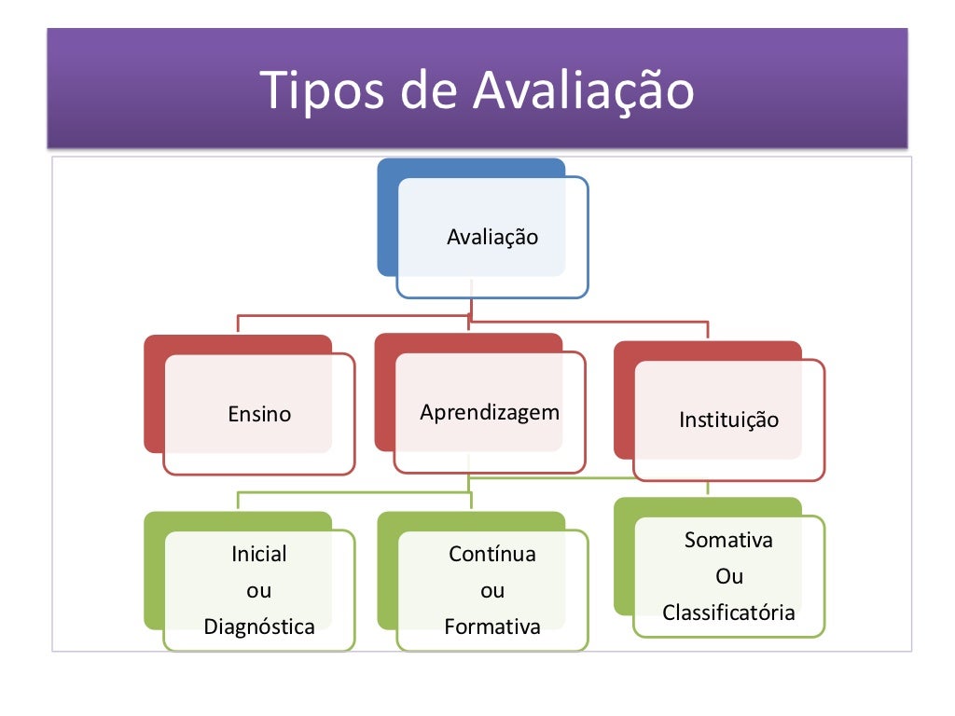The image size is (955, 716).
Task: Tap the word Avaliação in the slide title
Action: click(x=584, y=91)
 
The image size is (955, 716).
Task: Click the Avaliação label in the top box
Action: click(x=492, y=237)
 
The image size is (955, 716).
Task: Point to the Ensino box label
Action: click(x=259, y=414)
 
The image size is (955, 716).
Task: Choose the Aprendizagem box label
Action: click(x=490, y=412)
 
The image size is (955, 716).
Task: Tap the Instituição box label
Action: click(x=728, y=420)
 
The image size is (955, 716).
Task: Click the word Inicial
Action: click(x=259, y=555)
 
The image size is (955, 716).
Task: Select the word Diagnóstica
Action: click(x=259, y=626)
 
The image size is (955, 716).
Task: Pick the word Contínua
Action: click(x=492, y=555)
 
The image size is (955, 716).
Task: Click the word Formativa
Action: click(x=492, y=626)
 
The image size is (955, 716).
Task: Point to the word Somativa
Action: click(x=728, y=540)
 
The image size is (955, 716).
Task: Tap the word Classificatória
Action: click(x=728, y=613)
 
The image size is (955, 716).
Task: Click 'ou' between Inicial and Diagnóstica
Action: click(x=259, y=591)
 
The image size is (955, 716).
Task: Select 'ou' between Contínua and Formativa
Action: click(x=492, y=591)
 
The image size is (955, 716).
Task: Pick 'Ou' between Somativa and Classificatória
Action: click(x=728, y=576)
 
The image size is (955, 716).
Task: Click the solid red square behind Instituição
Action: click(x=623, y=401)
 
